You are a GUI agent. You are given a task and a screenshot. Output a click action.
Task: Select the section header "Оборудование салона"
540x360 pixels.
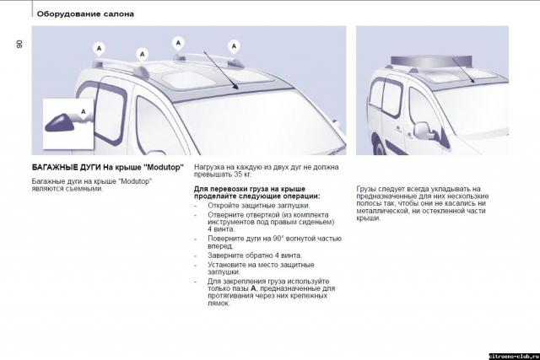click(x=85, y=14)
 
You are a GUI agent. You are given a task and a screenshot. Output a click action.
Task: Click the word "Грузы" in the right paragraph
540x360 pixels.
click(x=368, y=188)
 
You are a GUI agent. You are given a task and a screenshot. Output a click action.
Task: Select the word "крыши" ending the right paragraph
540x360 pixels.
click(x=367, y=218)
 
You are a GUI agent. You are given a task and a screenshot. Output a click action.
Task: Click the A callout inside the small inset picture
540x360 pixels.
click(x=84, y=111)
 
